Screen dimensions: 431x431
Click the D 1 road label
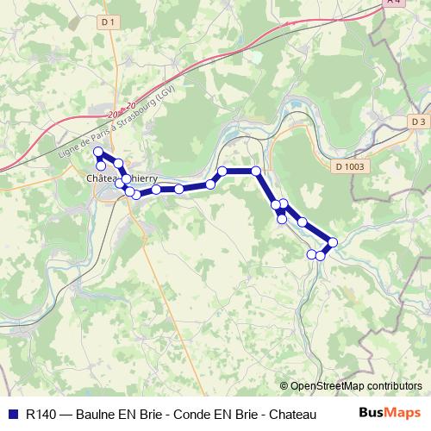tap(107, 20)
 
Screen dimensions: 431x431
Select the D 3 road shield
tap(418, 122)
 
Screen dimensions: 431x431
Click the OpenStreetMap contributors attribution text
tap(356, 386)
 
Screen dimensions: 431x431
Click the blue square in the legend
tap(11, 414)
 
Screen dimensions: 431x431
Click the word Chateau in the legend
tap(280, 414)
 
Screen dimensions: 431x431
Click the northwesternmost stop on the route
tap(98, 153)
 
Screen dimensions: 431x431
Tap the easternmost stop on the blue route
tap(333, 242)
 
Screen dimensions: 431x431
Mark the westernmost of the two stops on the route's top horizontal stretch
tap(222, 171)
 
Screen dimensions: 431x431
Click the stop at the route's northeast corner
tap(256, 171)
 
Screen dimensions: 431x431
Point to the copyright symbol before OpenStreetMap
tap(284, 386)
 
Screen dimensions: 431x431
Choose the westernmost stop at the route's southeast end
tap(312, 253)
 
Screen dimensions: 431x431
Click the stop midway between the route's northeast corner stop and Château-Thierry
tap(178, 189)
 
